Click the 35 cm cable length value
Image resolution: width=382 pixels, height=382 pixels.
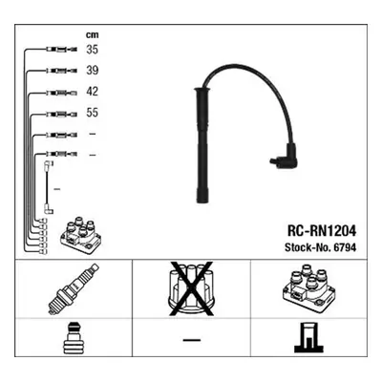93,50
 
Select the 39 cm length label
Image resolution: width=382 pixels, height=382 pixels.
93,71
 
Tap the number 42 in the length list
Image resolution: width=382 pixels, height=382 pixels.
93,92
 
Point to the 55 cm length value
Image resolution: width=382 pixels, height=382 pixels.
93,113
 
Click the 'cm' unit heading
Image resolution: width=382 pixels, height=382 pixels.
93,34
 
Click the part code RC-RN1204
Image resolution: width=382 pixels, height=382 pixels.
322,231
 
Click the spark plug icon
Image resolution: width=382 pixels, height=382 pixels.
74,288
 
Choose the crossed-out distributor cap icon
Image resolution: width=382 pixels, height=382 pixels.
191,289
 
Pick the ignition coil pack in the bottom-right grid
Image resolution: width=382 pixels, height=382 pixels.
308,287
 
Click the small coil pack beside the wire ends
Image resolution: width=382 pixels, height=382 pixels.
81,236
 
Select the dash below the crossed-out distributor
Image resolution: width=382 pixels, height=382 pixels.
192,340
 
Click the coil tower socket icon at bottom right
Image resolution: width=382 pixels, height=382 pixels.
308,337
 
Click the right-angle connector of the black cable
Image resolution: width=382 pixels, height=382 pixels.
285,156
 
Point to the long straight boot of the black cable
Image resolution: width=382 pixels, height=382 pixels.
202,145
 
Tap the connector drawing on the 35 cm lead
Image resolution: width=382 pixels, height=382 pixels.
62,50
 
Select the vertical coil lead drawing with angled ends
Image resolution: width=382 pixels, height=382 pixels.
48,187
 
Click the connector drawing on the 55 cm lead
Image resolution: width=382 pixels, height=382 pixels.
62,114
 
